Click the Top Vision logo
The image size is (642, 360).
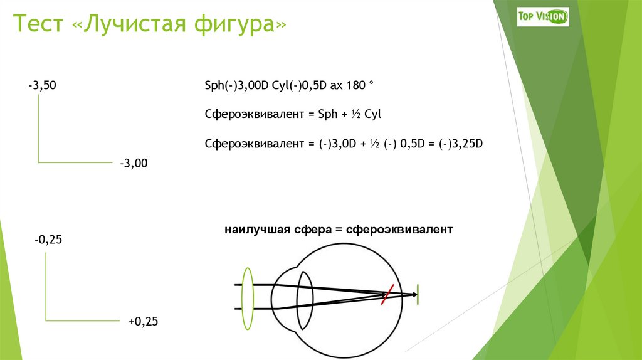click(542, 16)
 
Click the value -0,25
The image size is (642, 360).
click(49, 240)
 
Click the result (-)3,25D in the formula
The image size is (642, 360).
click(461, 144)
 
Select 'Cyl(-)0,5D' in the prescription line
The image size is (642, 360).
click(295, 85)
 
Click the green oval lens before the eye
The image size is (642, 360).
click(247, 298)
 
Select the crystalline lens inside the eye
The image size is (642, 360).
click(305, 300)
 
